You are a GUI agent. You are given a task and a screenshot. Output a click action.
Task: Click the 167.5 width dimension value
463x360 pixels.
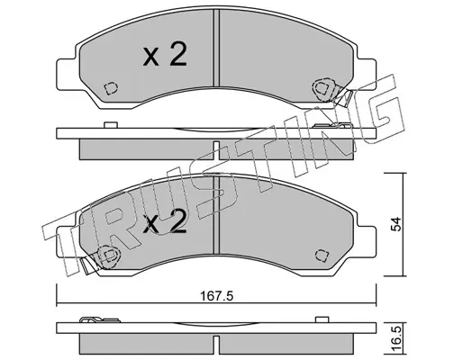click(216, 296)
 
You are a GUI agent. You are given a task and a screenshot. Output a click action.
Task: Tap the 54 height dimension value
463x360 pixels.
click(396, 224)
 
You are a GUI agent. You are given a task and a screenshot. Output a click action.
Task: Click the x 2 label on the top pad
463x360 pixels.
click(165, 54)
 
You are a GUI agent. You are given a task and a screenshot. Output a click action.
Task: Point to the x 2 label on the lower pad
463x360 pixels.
click(165, 221)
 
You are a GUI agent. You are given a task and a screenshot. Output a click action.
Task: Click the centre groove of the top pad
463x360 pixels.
click(216, 48)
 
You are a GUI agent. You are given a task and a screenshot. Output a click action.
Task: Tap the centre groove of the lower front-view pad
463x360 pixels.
click(216, 215)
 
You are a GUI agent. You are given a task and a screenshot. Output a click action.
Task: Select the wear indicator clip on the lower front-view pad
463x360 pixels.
click(101, 258)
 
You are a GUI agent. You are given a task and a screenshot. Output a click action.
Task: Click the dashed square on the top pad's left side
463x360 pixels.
click(111, 88)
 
